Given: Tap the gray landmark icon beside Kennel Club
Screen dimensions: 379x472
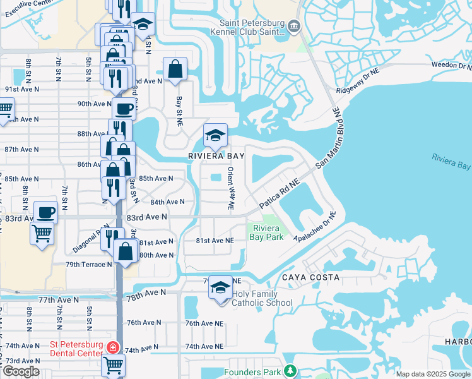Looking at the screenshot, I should [x=295, y=26].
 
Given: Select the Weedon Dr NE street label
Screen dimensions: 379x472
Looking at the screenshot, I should [x=451, y=65].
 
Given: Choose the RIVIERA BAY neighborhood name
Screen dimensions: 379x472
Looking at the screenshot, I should [x=215, y=154].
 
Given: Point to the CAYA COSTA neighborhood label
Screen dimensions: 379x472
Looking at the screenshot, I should [x=310, y=277].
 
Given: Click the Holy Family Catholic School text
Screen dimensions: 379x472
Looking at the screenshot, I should [x=263, y=298].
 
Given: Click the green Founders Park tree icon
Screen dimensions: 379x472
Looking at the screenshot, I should [x=290, y=371].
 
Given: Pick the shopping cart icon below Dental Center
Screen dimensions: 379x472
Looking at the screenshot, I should [x=113, y=364].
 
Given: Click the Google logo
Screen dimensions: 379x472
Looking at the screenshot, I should [x=21, y=371].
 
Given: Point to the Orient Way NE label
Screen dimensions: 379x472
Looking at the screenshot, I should [x=231, y=188].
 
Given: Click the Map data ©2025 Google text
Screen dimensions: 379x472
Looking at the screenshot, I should [x=432, y=374].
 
